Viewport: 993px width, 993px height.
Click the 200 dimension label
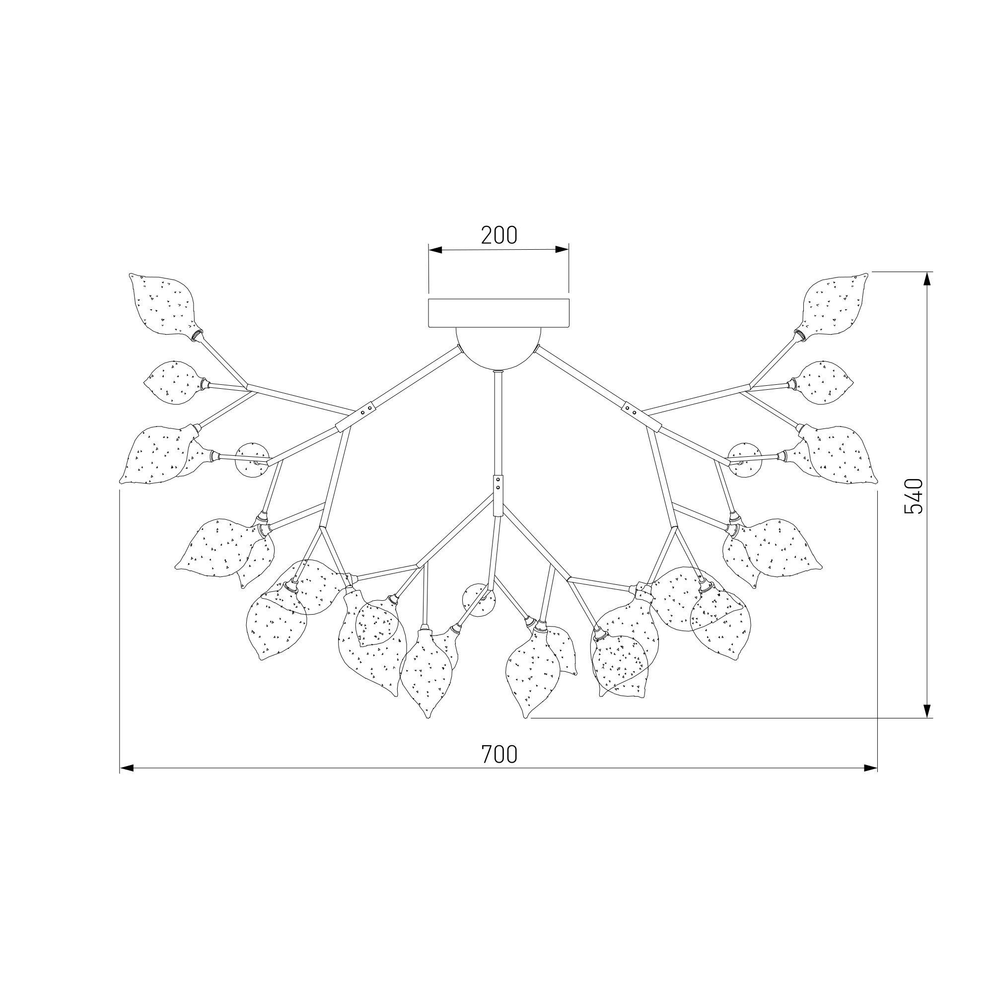point(499,235)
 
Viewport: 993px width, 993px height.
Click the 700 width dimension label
point(499,754)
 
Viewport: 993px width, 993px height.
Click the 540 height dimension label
point(914,496)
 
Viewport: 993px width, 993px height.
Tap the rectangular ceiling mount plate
point(498,313)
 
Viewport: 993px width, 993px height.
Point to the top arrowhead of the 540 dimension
point(927,279)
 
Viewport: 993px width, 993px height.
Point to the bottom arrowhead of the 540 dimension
point(927,711)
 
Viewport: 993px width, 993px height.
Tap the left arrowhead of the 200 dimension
point(435,250)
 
